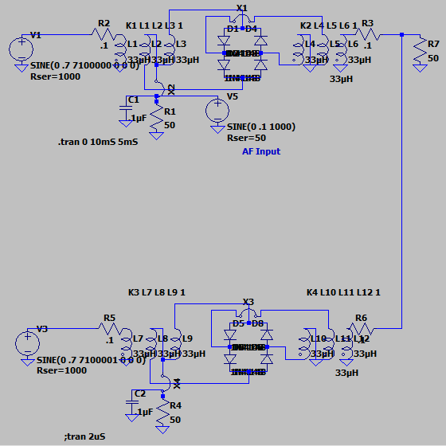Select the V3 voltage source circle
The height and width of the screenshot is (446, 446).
[x=27, y=343]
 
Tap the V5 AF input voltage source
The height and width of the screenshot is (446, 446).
[x=217, y=110]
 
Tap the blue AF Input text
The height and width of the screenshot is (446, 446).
[x=261, y=151]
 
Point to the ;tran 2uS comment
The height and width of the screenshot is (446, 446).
[x=84, y=436]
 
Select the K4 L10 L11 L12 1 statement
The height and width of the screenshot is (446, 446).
[x=343, y=292]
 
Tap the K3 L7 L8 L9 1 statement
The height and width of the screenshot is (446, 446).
[x=157, y=292]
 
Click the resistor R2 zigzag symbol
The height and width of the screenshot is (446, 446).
[x=102, y=35]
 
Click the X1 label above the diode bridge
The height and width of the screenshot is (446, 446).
[x=242, y=8]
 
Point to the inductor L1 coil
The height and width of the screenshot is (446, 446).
[x=121, y=49]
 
